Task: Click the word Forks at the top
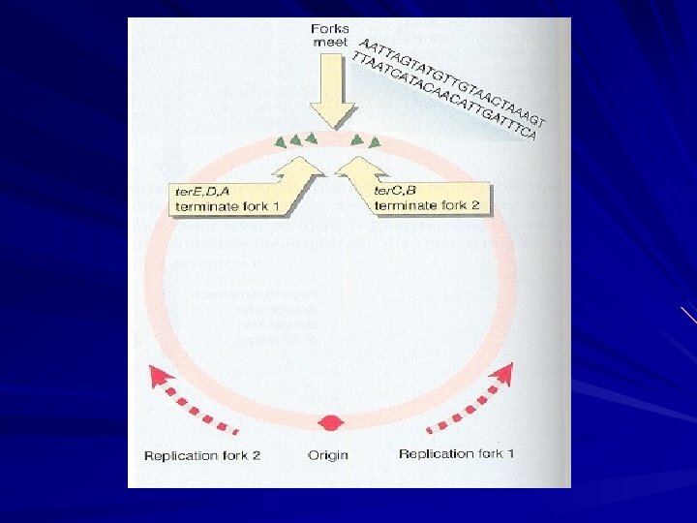click(330, 28)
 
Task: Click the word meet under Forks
click(330, 43)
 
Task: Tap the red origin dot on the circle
click(331, 423)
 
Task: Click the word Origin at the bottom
click(327, 455)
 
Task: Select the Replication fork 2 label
click(202, 455)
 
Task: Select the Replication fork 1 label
click(457, 454)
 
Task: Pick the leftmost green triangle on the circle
click(280, 142)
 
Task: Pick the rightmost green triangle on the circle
click(374, 144)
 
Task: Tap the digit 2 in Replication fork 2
click(256, 455)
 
